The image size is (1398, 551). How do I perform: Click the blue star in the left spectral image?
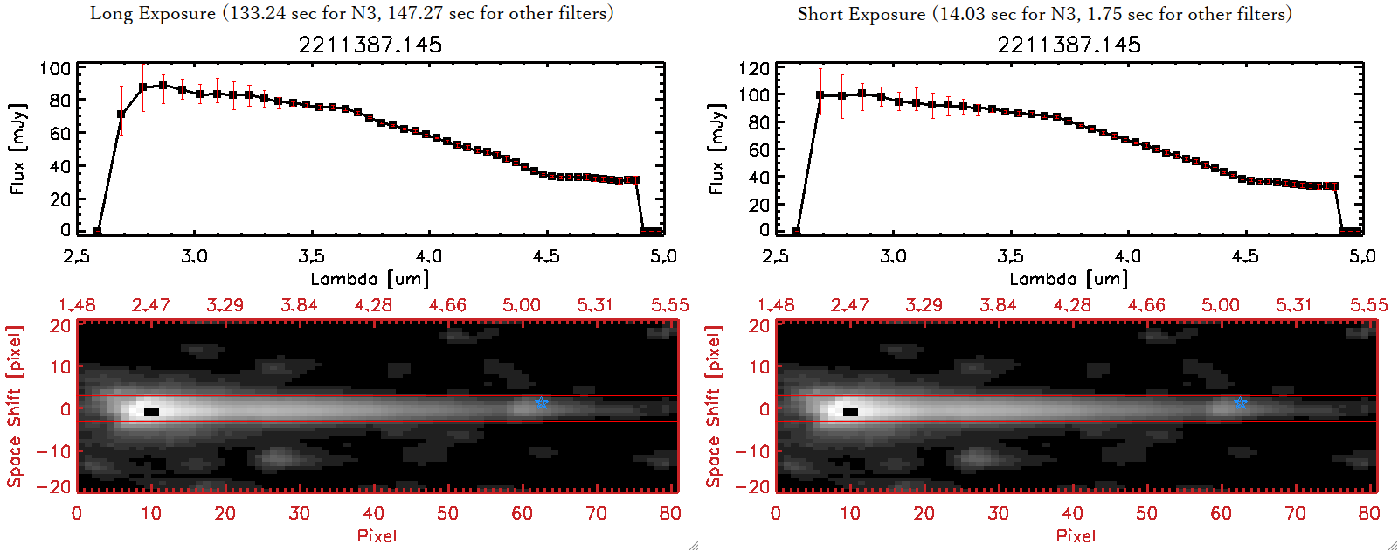pos(541,402)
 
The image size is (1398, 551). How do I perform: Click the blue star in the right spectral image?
pos(1240,402)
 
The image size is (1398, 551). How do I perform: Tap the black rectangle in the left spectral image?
pos(151,412)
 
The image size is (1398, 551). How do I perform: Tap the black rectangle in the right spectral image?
pos(850,412)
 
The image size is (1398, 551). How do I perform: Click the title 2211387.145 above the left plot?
pos(370,45)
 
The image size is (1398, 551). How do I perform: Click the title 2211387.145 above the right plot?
pos(1069,45)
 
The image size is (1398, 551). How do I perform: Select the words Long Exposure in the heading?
pos(153,14)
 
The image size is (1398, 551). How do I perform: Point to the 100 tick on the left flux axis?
pos(55,68)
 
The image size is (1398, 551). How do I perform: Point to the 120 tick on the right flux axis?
pos(754,68)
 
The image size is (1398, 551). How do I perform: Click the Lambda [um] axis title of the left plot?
pos(370,279)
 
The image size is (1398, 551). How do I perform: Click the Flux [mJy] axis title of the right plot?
pos(717,149)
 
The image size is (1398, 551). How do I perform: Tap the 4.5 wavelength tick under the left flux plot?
pos(546,256)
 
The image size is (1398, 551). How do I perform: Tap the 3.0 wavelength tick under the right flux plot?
pos(893,256)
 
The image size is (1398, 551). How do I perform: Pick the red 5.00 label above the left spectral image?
pos(522,305)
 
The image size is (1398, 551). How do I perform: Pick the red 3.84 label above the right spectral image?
pos(998,305)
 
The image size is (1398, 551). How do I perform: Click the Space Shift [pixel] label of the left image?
pos(15,407)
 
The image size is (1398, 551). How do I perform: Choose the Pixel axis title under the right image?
pos(1076,535)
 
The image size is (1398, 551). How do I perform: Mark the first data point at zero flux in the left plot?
pos(97,232)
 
